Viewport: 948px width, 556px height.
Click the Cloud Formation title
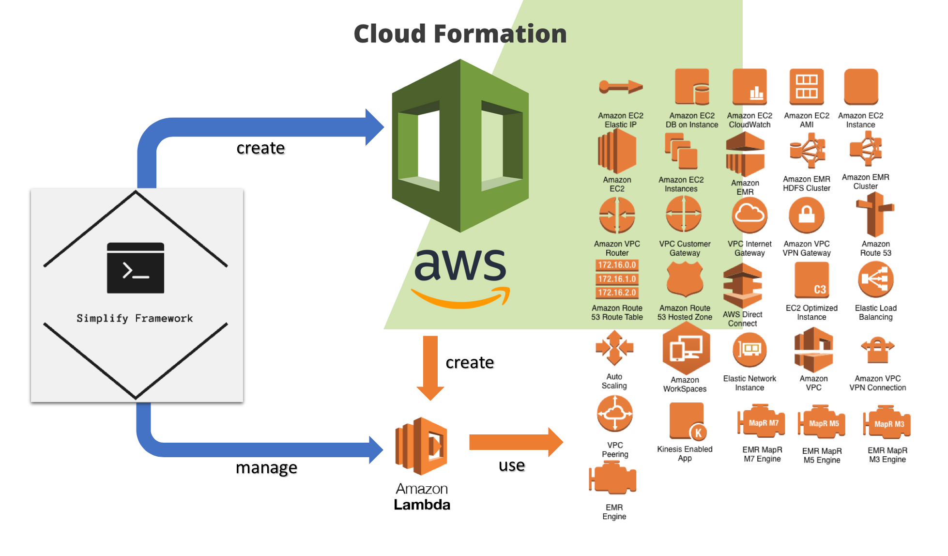460,34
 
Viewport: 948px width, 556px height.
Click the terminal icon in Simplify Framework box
136,268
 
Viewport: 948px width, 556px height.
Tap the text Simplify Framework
135,318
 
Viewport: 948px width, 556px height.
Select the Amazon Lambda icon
421,446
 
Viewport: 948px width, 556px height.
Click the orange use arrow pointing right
516,442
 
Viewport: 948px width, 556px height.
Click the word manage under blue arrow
266,468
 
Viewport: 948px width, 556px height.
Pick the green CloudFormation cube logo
460,145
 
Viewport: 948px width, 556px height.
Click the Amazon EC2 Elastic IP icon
620,87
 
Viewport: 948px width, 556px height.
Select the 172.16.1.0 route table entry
617,279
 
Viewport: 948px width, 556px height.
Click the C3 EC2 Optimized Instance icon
812,280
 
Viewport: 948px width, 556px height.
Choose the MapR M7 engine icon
762,423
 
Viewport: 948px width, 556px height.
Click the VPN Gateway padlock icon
806,215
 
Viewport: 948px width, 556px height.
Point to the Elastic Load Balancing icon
875,279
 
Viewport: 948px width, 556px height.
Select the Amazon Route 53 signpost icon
875,215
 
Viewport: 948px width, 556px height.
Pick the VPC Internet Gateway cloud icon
749,215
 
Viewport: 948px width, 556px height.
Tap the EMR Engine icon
613,479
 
